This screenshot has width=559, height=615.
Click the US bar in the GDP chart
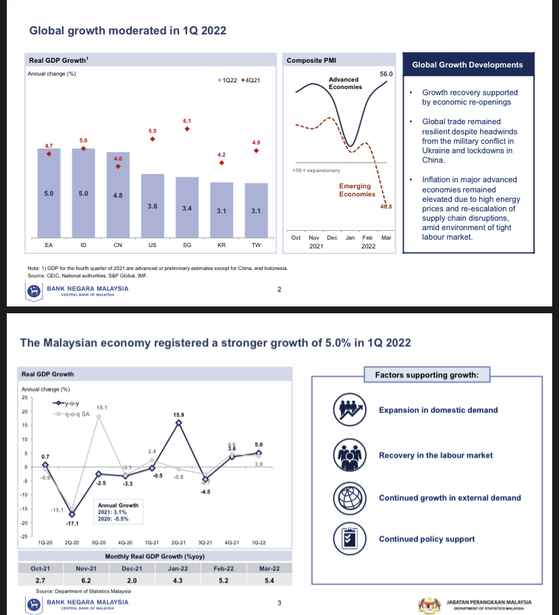[x=153, y=206]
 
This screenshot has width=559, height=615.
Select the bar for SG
[x=187, y=207]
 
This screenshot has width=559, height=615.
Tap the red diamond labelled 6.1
[x=187, y=128]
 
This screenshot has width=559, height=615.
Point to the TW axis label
[x=256, y=245]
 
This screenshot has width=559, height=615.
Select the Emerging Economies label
[x=356, y=190]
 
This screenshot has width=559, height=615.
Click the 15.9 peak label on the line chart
[x=178, y=413]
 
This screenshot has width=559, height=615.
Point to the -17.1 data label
[x=72, y=523]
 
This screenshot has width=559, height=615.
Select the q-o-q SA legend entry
[x=74, y=414]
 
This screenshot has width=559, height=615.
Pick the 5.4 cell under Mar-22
[x=269, y=580]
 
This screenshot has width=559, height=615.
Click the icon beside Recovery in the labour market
[x=350, y=455]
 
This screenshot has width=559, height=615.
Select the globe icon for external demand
[x=350, y=498]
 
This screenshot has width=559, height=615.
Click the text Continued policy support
[x=427, y=539]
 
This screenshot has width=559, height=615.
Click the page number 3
[x=279, y=602]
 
